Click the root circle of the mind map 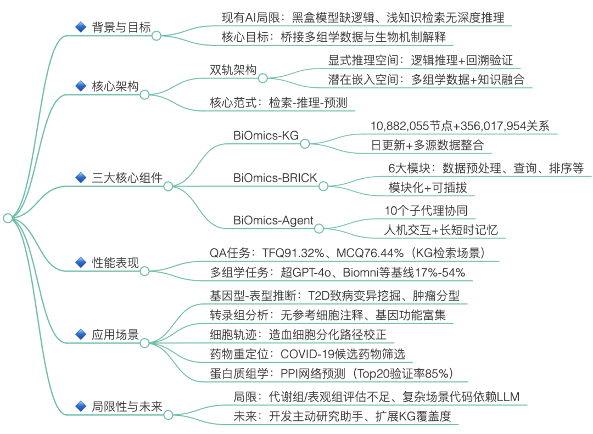coord(7,218)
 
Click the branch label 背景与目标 coord(121,27)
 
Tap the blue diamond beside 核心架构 coord(81,86)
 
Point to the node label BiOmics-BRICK coord(275,178)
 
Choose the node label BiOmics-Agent coord(273,221)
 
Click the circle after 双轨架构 coord(263,78)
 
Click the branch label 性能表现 coord(115,262)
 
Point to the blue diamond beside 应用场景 coord(81,335)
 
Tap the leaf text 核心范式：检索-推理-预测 coord(278,103)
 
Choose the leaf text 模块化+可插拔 coord(428,187)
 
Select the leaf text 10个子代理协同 coord(426,210)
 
